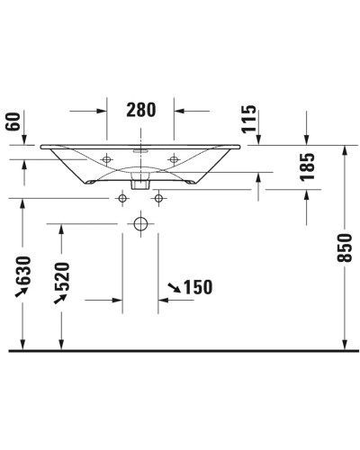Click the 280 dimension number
tap(140, 111)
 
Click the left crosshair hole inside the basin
tap(106, 159)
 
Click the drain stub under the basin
tap(140, 181)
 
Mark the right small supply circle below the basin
tap(158, 197)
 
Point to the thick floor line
tap(180, 349)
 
